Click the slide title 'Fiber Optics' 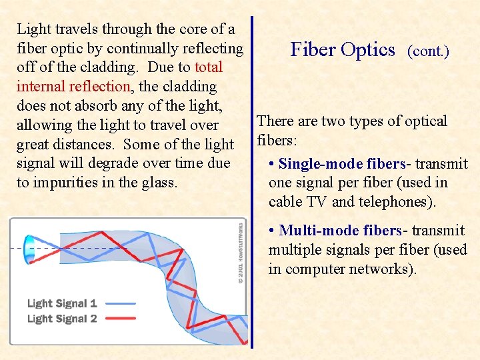(x=343, y=50)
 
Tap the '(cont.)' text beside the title (x=428, y=51)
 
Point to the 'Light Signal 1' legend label (x=62, y=303)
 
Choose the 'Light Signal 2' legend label (x=62, y=319)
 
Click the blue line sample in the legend (x=120, y=303)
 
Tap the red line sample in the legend (x=120, y=319)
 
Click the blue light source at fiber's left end (x=30, y=248)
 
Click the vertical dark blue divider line (x=252, y=180)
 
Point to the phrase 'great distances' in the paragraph (x=65, y=145)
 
